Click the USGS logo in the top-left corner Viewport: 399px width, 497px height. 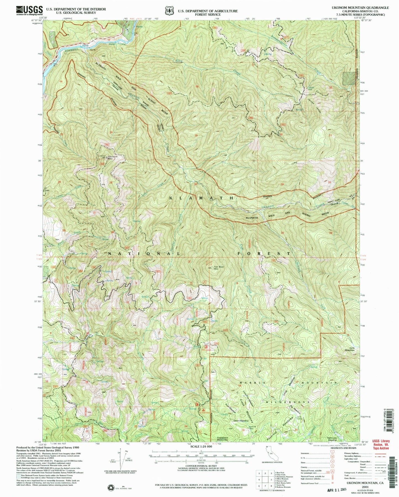pos(30,11)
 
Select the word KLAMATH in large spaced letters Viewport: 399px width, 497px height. pos(201,198)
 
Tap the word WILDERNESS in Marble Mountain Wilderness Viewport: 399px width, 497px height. pos(288,402)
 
